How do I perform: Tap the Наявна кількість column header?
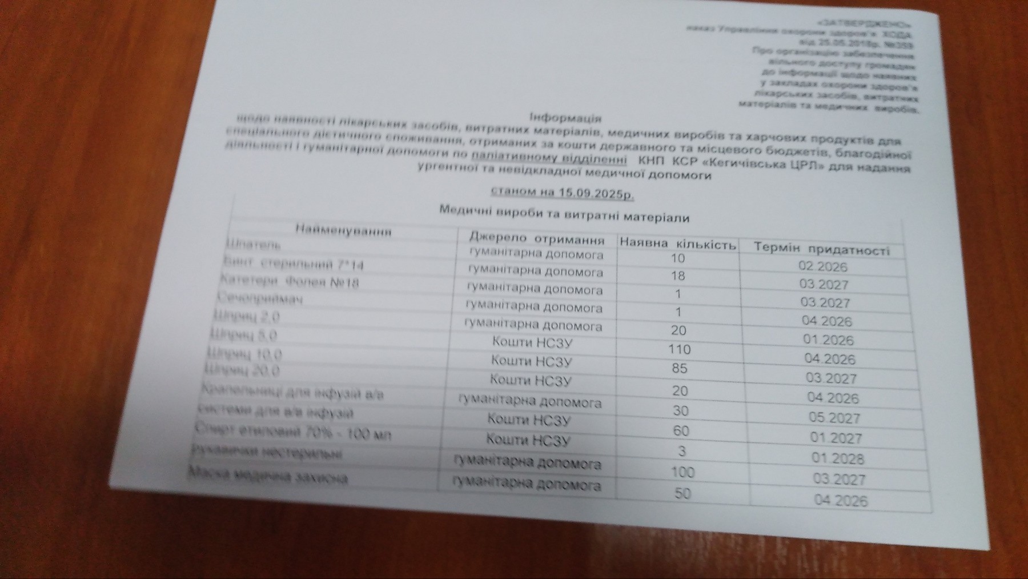point(678,244)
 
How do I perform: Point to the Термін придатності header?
point(822,250)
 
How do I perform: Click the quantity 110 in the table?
point(680,349)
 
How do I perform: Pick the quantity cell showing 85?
point(680,369)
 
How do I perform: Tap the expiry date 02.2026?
point(823,267)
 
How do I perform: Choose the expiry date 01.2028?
point(838,458)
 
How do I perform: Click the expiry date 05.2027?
point(834,418)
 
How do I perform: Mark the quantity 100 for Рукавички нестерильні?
point(682,472)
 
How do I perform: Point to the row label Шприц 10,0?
point(245,354)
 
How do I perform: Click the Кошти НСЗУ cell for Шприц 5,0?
point(532,342)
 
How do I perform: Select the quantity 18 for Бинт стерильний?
point(678,276)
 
